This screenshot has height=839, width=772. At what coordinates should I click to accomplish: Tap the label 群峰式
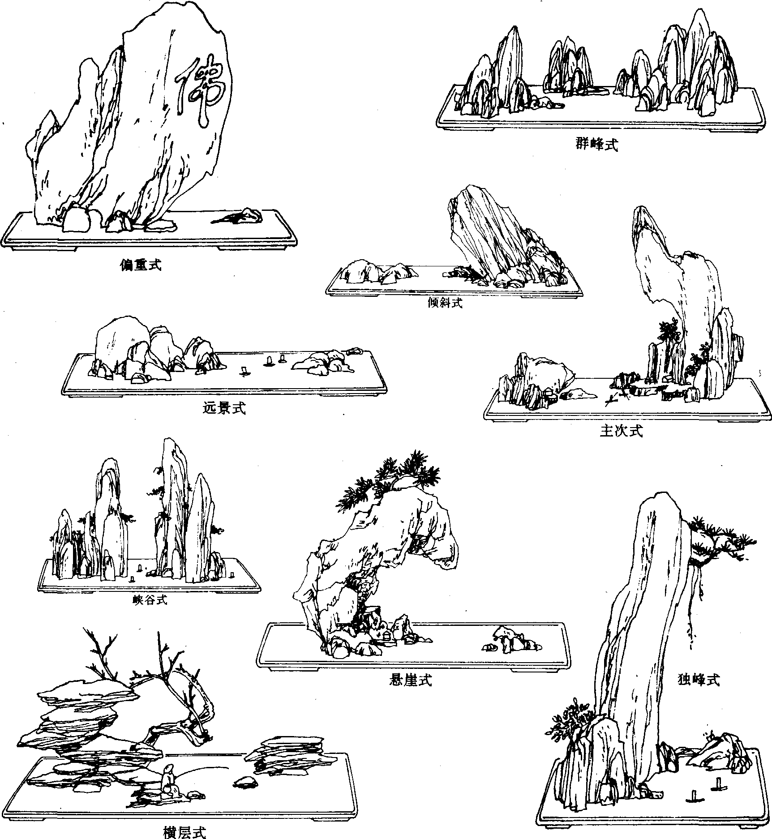596,145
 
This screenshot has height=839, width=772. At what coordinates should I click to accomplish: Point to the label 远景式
224,408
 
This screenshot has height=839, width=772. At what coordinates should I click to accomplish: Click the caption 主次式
622,431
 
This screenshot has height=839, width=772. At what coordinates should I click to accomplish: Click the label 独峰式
699,680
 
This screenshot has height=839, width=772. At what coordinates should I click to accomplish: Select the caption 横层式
184,832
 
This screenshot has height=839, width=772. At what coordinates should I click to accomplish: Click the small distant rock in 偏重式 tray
238,216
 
